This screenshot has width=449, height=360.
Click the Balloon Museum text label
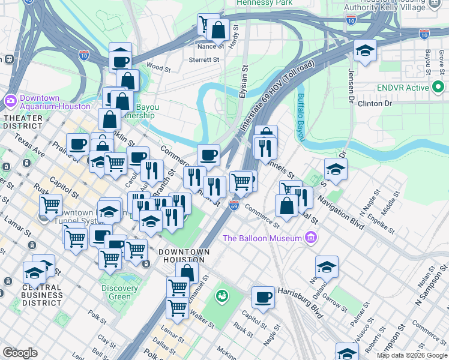pyautogui.click(x=262, y=238)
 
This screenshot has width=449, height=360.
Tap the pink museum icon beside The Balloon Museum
pyautogui.click(x=310, y=238)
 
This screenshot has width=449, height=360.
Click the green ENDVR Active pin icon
pyautogui.click(x=438, y=88)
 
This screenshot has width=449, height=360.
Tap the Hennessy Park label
pyautogui.click(x=265, y=3)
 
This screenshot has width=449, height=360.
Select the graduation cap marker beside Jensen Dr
pyautogui.click(x=364, y=51)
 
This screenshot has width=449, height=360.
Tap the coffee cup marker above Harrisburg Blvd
pyautogui.click(x=262, y=297)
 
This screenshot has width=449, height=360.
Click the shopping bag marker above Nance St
pyautogui.click(x=218, y=29)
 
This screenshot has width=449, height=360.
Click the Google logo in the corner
pyautogui.click(x=20, y=353)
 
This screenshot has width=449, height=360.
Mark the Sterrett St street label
pyautogui.click(x=203, y=59)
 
